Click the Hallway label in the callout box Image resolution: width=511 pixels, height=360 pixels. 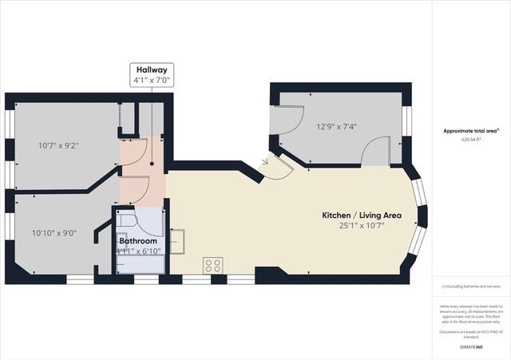coord(152,69)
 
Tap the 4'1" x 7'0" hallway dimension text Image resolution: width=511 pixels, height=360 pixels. coord(152,79)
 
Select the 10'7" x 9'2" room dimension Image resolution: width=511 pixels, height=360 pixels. coord(59,146)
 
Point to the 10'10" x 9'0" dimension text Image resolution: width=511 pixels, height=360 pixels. coord(54,233)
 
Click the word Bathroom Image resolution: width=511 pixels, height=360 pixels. coord(138,240)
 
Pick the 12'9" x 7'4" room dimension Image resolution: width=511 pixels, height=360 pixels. coord(335,126)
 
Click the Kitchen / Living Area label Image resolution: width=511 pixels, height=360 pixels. coord(362,216)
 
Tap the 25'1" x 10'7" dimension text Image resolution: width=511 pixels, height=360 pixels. coord(362,226)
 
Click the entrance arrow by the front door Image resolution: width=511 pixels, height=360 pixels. coord(265,164)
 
